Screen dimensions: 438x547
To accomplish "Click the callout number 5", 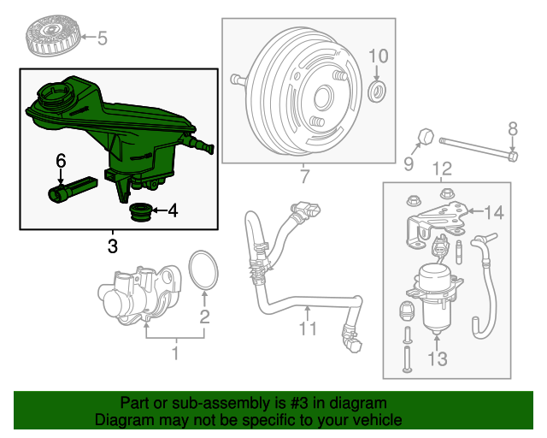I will [x=103, y=38].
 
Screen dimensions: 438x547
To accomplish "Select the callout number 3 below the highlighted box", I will [x=113, y=247].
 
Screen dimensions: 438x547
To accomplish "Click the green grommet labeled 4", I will [x=139, y=211].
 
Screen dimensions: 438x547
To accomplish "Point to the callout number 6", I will [x=61, y=160].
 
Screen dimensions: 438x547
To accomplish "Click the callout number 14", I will [x=496, y=212].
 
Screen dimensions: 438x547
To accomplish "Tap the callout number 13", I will [x=437, y=358].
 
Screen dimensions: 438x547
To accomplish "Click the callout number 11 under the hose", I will [x=308, y=328].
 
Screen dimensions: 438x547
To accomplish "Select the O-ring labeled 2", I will [x=203, y=271].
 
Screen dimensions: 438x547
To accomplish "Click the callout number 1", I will [x=175, y=352].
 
